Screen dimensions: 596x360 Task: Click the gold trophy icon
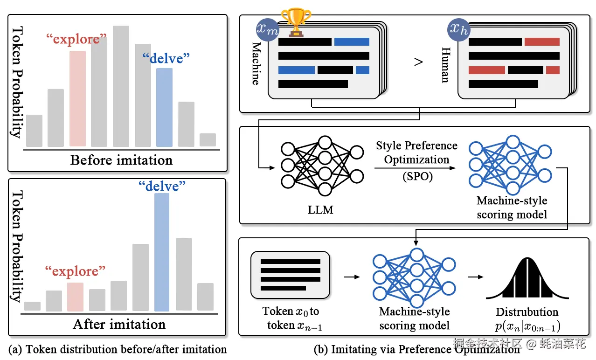[296, 22]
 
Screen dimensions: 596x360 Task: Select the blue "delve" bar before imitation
[164, 107]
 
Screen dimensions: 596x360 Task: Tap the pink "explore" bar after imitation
[75, 297]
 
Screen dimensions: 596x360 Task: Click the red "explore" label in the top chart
[76, 39]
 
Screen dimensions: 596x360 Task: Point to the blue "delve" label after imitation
[162, 186]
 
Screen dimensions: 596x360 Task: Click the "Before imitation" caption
[121, 160]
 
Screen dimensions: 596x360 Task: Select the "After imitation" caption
[119, 325]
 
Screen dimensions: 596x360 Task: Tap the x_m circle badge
[267, 30]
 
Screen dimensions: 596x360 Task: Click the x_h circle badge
[459, 30]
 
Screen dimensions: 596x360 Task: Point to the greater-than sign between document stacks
[418, 62]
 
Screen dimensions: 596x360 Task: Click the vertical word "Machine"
[256, 63]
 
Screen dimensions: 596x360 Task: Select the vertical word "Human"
[446, 65]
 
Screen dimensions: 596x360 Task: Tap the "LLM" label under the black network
[320, 210]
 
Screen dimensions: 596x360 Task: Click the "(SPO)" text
[418, 176]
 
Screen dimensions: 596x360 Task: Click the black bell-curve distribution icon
[527, 278]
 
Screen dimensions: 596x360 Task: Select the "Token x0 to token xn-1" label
[291, 318]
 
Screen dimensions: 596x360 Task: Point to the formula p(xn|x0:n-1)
[527, 326]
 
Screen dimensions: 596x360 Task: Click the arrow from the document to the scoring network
[352, 277]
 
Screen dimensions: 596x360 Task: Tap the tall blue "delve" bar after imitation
[162, 252]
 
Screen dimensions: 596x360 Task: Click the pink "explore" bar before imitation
[78, 99]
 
